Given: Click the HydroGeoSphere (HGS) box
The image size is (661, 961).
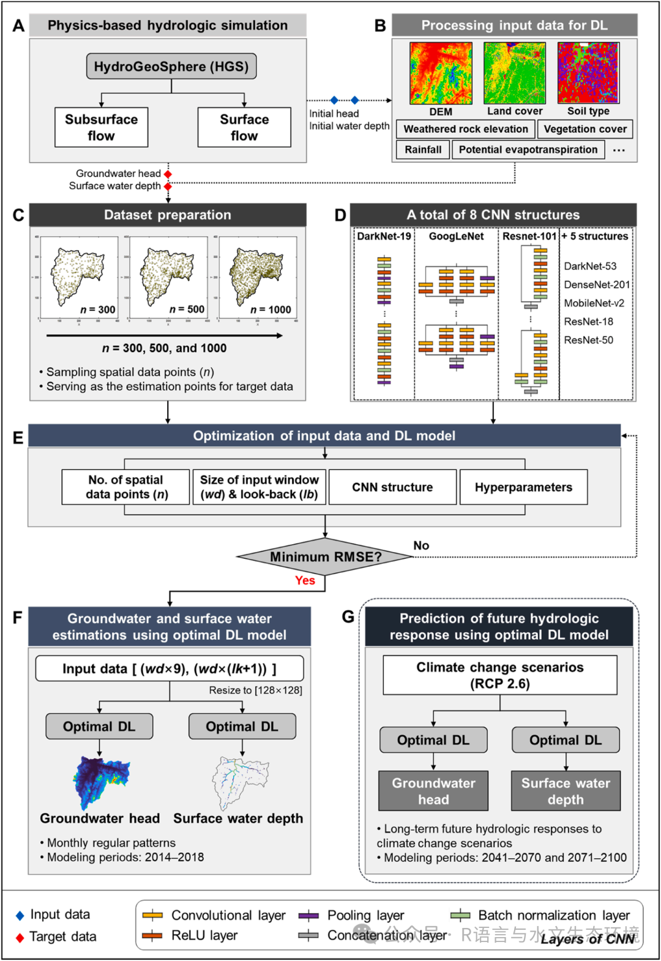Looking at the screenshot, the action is [x=171, y=67].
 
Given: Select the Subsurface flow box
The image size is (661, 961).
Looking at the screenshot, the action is [x=102, y=127].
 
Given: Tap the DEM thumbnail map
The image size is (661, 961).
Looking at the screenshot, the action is [x=441, y=73].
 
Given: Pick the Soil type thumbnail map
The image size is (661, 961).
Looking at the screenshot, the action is [x=588, y=73].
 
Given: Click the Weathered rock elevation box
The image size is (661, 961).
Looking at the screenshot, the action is [x=465, y=129].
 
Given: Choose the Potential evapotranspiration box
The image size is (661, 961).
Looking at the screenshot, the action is [x=528, y=149].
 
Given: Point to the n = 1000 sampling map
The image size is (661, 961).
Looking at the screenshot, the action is [x=258, y=278].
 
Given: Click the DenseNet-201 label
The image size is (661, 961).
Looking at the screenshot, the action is [x=596, y=285].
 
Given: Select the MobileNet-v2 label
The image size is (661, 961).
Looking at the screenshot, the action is [x=594, y=303].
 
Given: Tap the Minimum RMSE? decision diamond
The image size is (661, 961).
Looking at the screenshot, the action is [x=325, y=556].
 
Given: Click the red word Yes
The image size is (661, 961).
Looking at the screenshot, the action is [x=305, y=580].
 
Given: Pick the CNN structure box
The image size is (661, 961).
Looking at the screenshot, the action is [x=392, y=487].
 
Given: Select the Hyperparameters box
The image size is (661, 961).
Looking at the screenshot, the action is [x=523, y=487].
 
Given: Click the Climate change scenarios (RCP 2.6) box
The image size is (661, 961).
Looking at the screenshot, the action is [x=500, y=675].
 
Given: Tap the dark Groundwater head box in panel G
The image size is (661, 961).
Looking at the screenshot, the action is [x=433, y=791].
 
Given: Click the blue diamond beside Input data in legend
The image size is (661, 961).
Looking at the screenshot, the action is [x=20, y=916].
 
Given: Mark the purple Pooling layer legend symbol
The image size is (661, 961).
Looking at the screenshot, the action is [x=308, y=916].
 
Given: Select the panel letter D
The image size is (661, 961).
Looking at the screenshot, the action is [x=340, y=215].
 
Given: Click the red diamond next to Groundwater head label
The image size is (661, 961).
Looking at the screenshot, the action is [x=168, y=174].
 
